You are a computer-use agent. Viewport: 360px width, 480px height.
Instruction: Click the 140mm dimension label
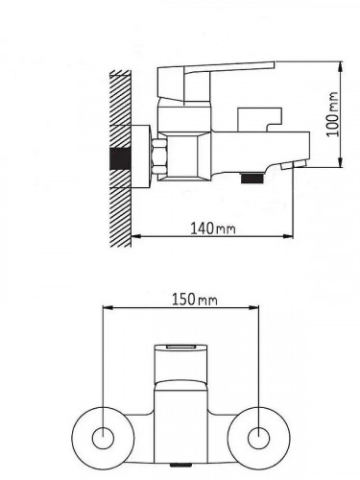(213, 228)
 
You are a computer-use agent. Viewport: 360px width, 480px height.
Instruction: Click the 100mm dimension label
(332, 114)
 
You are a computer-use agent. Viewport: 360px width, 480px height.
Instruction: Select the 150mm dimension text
(195, 300)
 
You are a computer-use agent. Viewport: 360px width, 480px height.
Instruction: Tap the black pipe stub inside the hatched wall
(120, 158)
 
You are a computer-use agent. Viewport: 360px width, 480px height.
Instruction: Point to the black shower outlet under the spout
(252, 178)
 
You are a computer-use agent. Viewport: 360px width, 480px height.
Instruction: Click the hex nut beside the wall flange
(158, 156)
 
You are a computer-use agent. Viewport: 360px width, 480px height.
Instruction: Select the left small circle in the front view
(103, 438)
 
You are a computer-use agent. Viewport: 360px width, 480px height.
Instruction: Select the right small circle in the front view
(258, 438)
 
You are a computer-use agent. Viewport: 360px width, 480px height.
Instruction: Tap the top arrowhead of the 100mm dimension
(341, 65)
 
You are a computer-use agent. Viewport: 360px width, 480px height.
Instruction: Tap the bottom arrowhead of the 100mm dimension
(341, 162)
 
